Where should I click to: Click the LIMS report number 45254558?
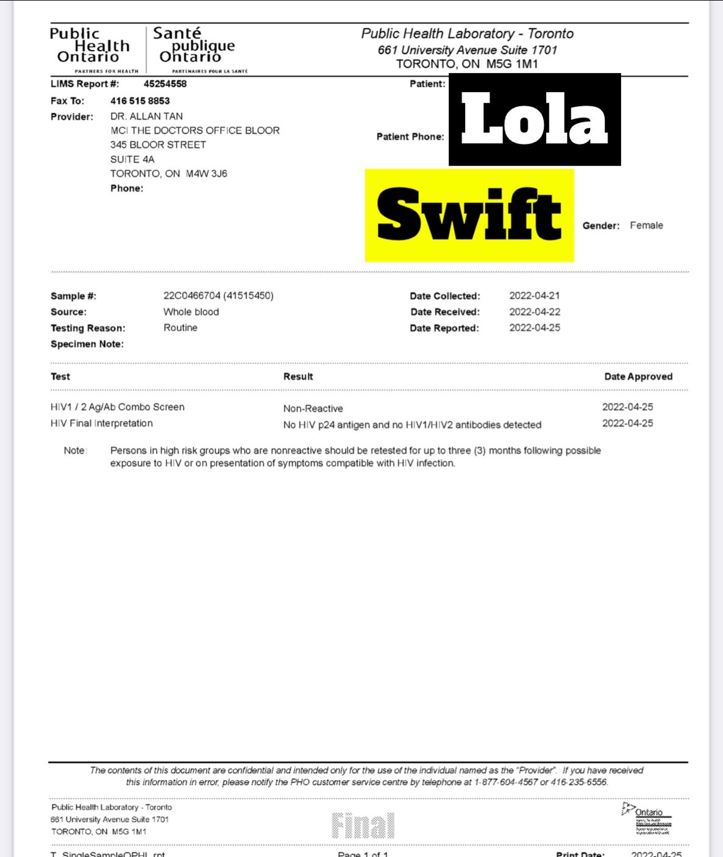tap(165, 84)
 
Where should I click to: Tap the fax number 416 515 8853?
tap(140, 101)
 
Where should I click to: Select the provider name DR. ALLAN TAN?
tap(146, 116)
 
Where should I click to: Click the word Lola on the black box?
tap(534, 119)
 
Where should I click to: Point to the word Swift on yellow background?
tap(469, 215)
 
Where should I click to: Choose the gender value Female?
tap(646, 226)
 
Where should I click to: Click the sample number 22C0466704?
tap(191, 296)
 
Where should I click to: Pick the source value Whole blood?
tap(191, 312)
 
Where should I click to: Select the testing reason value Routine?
tap(180, 328)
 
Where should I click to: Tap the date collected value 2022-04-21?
tap(534, 296)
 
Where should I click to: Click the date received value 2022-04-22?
tap(534, 312)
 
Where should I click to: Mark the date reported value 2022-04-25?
tap(534, 328)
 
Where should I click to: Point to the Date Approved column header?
tap(638, 377)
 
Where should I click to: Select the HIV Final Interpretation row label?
tap(101, 424)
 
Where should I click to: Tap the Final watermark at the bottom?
tap(363, 826)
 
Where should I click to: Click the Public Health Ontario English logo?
tap(90, 47)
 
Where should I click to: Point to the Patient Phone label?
tap(410, 137)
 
